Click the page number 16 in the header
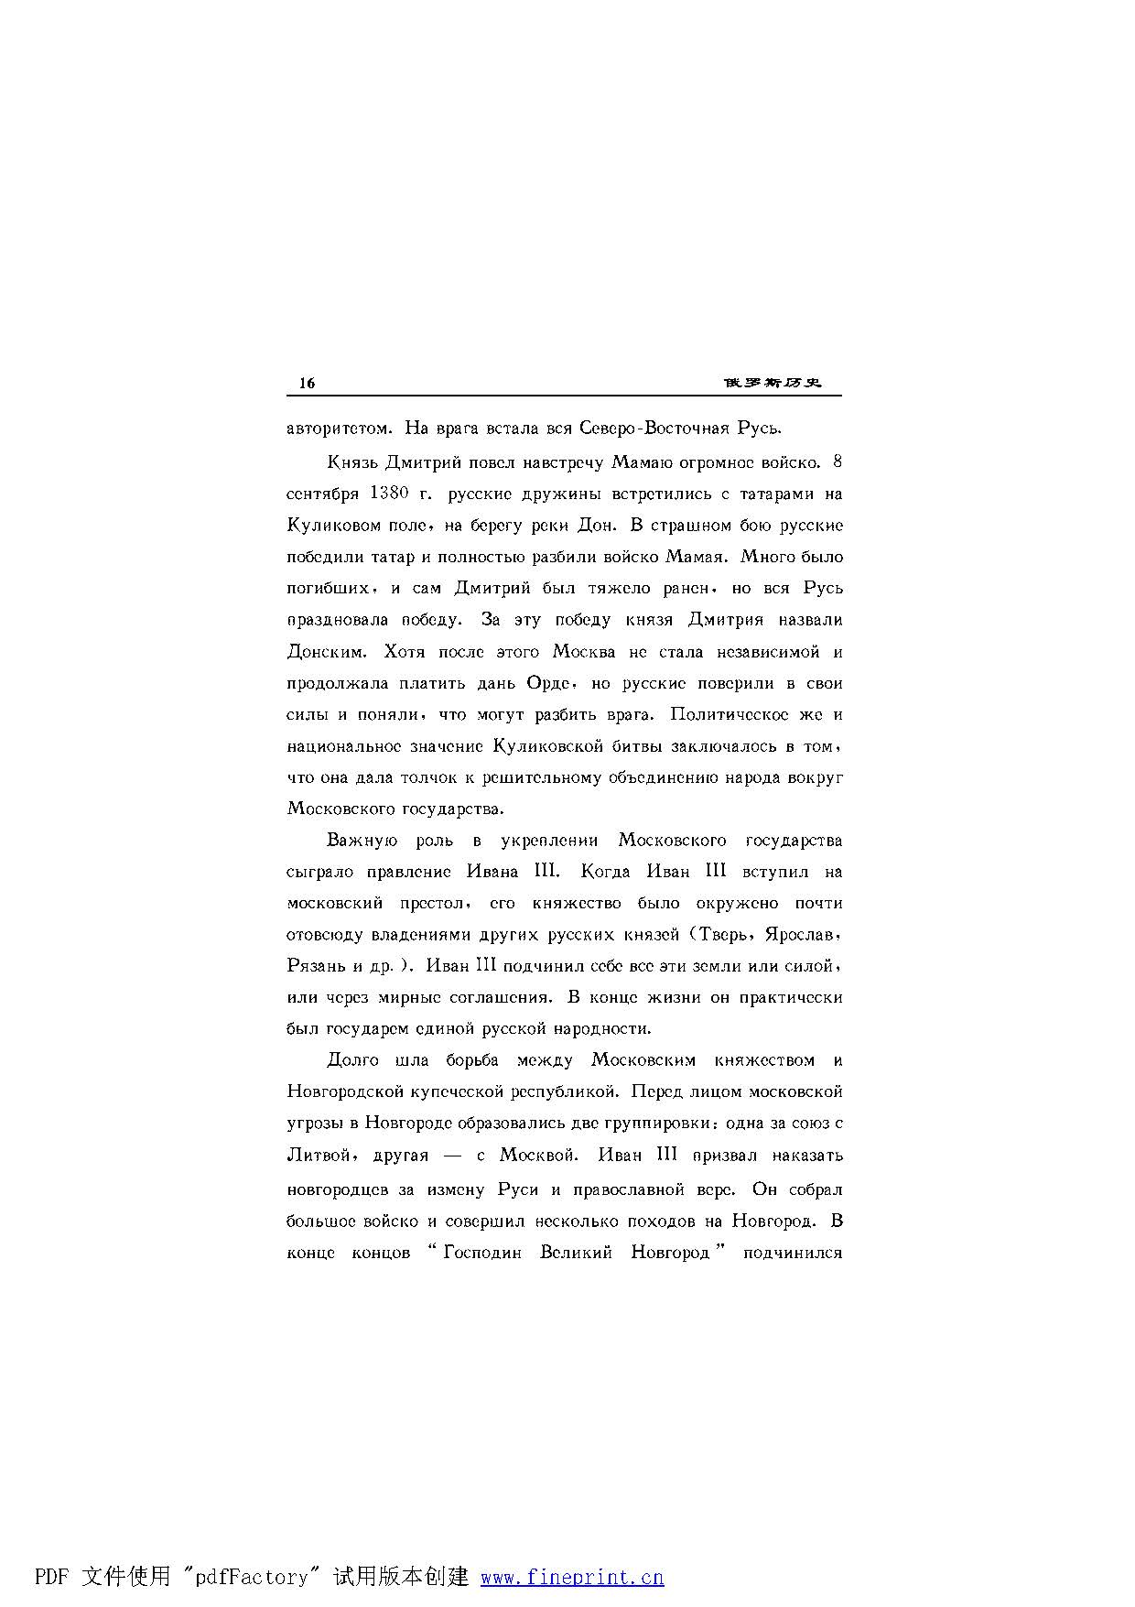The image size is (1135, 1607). (307, 383)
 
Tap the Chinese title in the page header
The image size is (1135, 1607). (772, 383)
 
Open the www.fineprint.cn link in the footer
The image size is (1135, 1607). (572, 1577)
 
